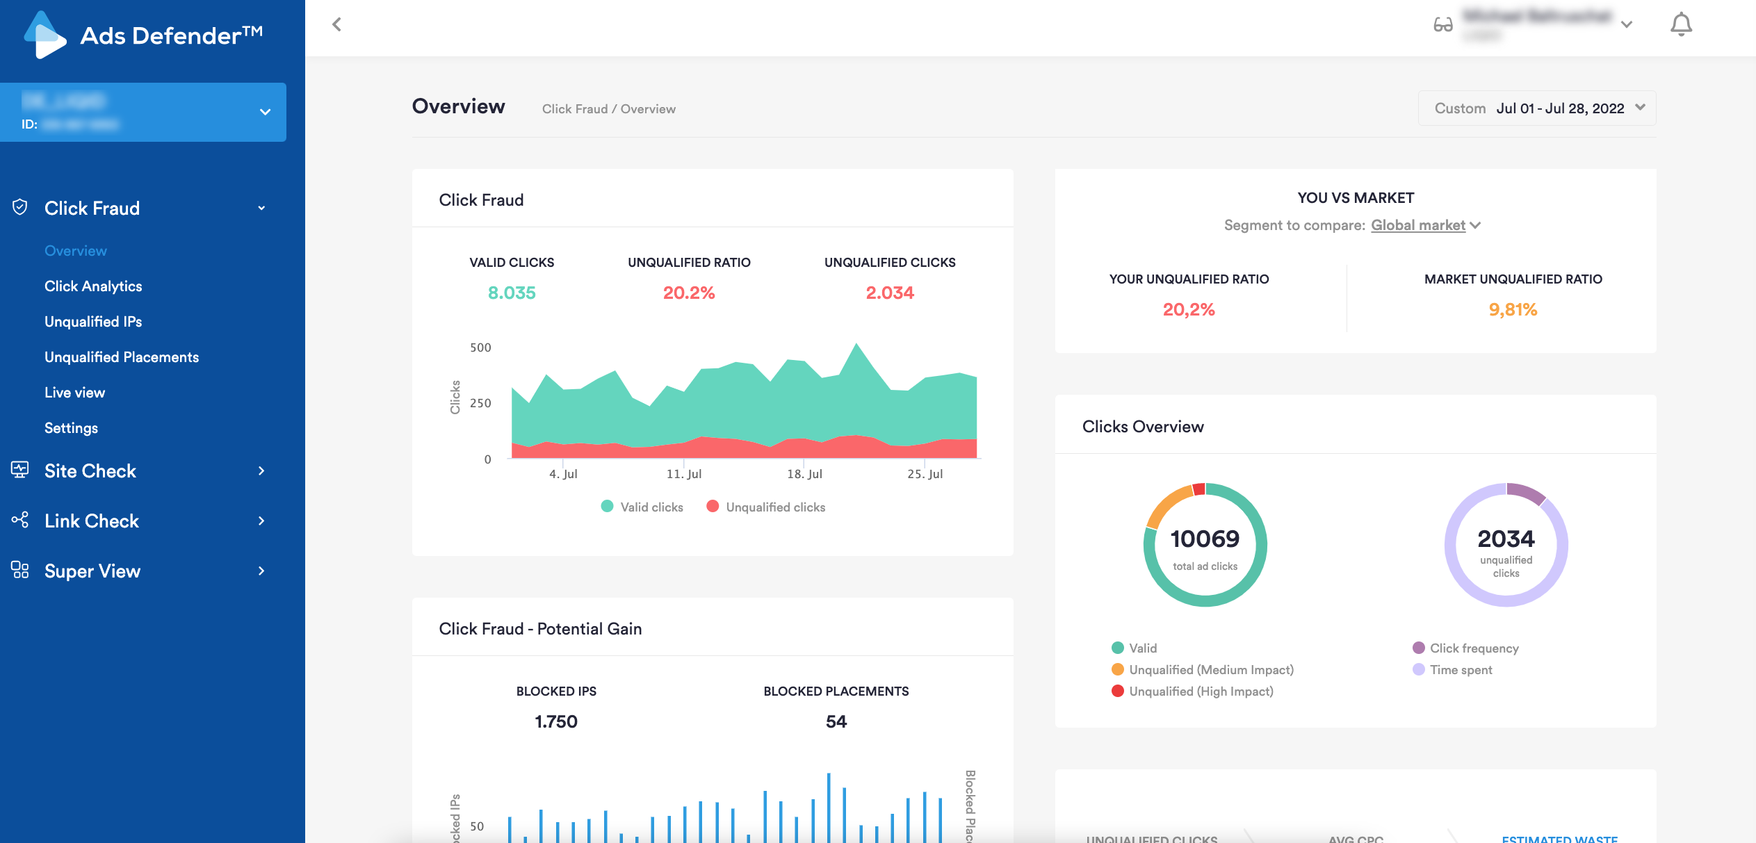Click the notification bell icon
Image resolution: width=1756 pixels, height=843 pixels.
click(x=1680, y=25)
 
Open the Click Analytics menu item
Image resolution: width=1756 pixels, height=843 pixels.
click(x=93, y=286)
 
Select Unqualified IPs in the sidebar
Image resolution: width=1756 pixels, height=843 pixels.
click(x=93, y=322)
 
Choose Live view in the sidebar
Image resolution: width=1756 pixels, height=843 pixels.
click(x=74, y=393)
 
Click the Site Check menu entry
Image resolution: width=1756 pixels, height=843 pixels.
click(x=90, y=471)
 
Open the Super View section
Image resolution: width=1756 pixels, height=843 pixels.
click(x=92, y=571)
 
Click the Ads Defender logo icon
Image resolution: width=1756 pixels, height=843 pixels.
click(x=44, y=35)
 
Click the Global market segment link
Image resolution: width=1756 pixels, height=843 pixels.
click(x=1418, y=225)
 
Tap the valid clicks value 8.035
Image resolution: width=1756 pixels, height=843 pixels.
click(x=512, y=293)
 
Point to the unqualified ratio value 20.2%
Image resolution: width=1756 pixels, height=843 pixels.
click(x=688, y=293)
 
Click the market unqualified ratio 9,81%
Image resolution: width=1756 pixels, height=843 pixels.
click(x=1513, y=309)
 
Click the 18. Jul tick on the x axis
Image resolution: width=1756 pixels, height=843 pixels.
click(x=804, y=474)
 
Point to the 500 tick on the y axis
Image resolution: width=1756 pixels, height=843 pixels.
click(x=480, y=347)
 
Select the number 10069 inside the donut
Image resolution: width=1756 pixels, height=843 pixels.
click(x=1205, y=539)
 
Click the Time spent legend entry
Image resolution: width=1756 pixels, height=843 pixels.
click(x=1461, y=670)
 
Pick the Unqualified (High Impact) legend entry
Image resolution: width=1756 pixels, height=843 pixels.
click(x=1201, y=691)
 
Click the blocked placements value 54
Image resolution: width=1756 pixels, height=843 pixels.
click(x=836, y=721)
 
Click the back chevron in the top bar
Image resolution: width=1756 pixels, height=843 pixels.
click(x=337, y=25)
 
